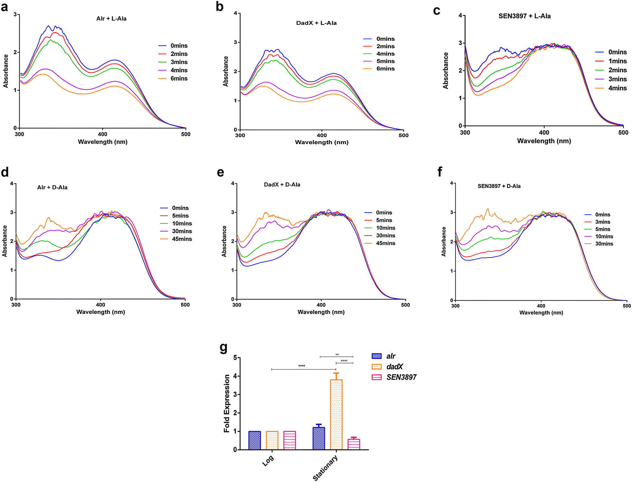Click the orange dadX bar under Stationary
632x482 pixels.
[x=336, y=414]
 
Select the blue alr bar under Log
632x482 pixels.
[x=254, y=440]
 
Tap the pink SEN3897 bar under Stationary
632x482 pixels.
[x=354, y=444]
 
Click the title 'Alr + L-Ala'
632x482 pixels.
[x=111, y=19]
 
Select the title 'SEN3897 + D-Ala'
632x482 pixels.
[x=499, y=186]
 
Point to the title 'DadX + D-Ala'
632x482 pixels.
[x=282, y=185]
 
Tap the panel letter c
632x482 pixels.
[x=436, y=11]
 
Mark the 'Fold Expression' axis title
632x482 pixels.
[x=227, y=403]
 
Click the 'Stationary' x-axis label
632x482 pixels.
[x=326, y=468]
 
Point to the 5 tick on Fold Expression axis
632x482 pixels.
[x=235, y=358]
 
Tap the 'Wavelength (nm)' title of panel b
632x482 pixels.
[x=322, y=142]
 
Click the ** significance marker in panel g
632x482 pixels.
[x=337, y=355]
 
